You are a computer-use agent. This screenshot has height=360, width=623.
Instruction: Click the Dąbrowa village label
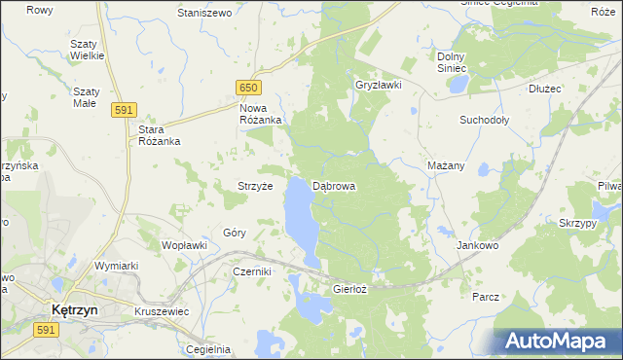coord(334,185)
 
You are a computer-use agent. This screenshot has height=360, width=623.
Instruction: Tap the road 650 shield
coord(247,89)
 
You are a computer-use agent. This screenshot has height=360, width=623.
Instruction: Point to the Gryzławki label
coord(380,86)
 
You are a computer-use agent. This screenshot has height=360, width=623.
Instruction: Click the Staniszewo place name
coord(203,13)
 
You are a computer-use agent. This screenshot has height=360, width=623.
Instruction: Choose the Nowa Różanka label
coord(260,114)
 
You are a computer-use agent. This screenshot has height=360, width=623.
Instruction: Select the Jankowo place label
coord(477,246)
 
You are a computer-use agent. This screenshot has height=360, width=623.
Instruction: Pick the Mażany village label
coord(446,165)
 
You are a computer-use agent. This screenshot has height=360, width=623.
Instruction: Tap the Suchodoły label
coord(484,121)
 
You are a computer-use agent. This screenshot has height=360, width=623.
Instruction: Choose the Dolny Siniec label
coord(453,62)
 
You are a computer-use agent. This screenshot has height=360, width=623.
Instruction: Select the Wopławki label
coord(185,245)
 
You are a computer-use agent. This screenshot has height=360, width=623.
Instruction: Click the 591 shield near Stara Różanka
coord(123,110)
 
